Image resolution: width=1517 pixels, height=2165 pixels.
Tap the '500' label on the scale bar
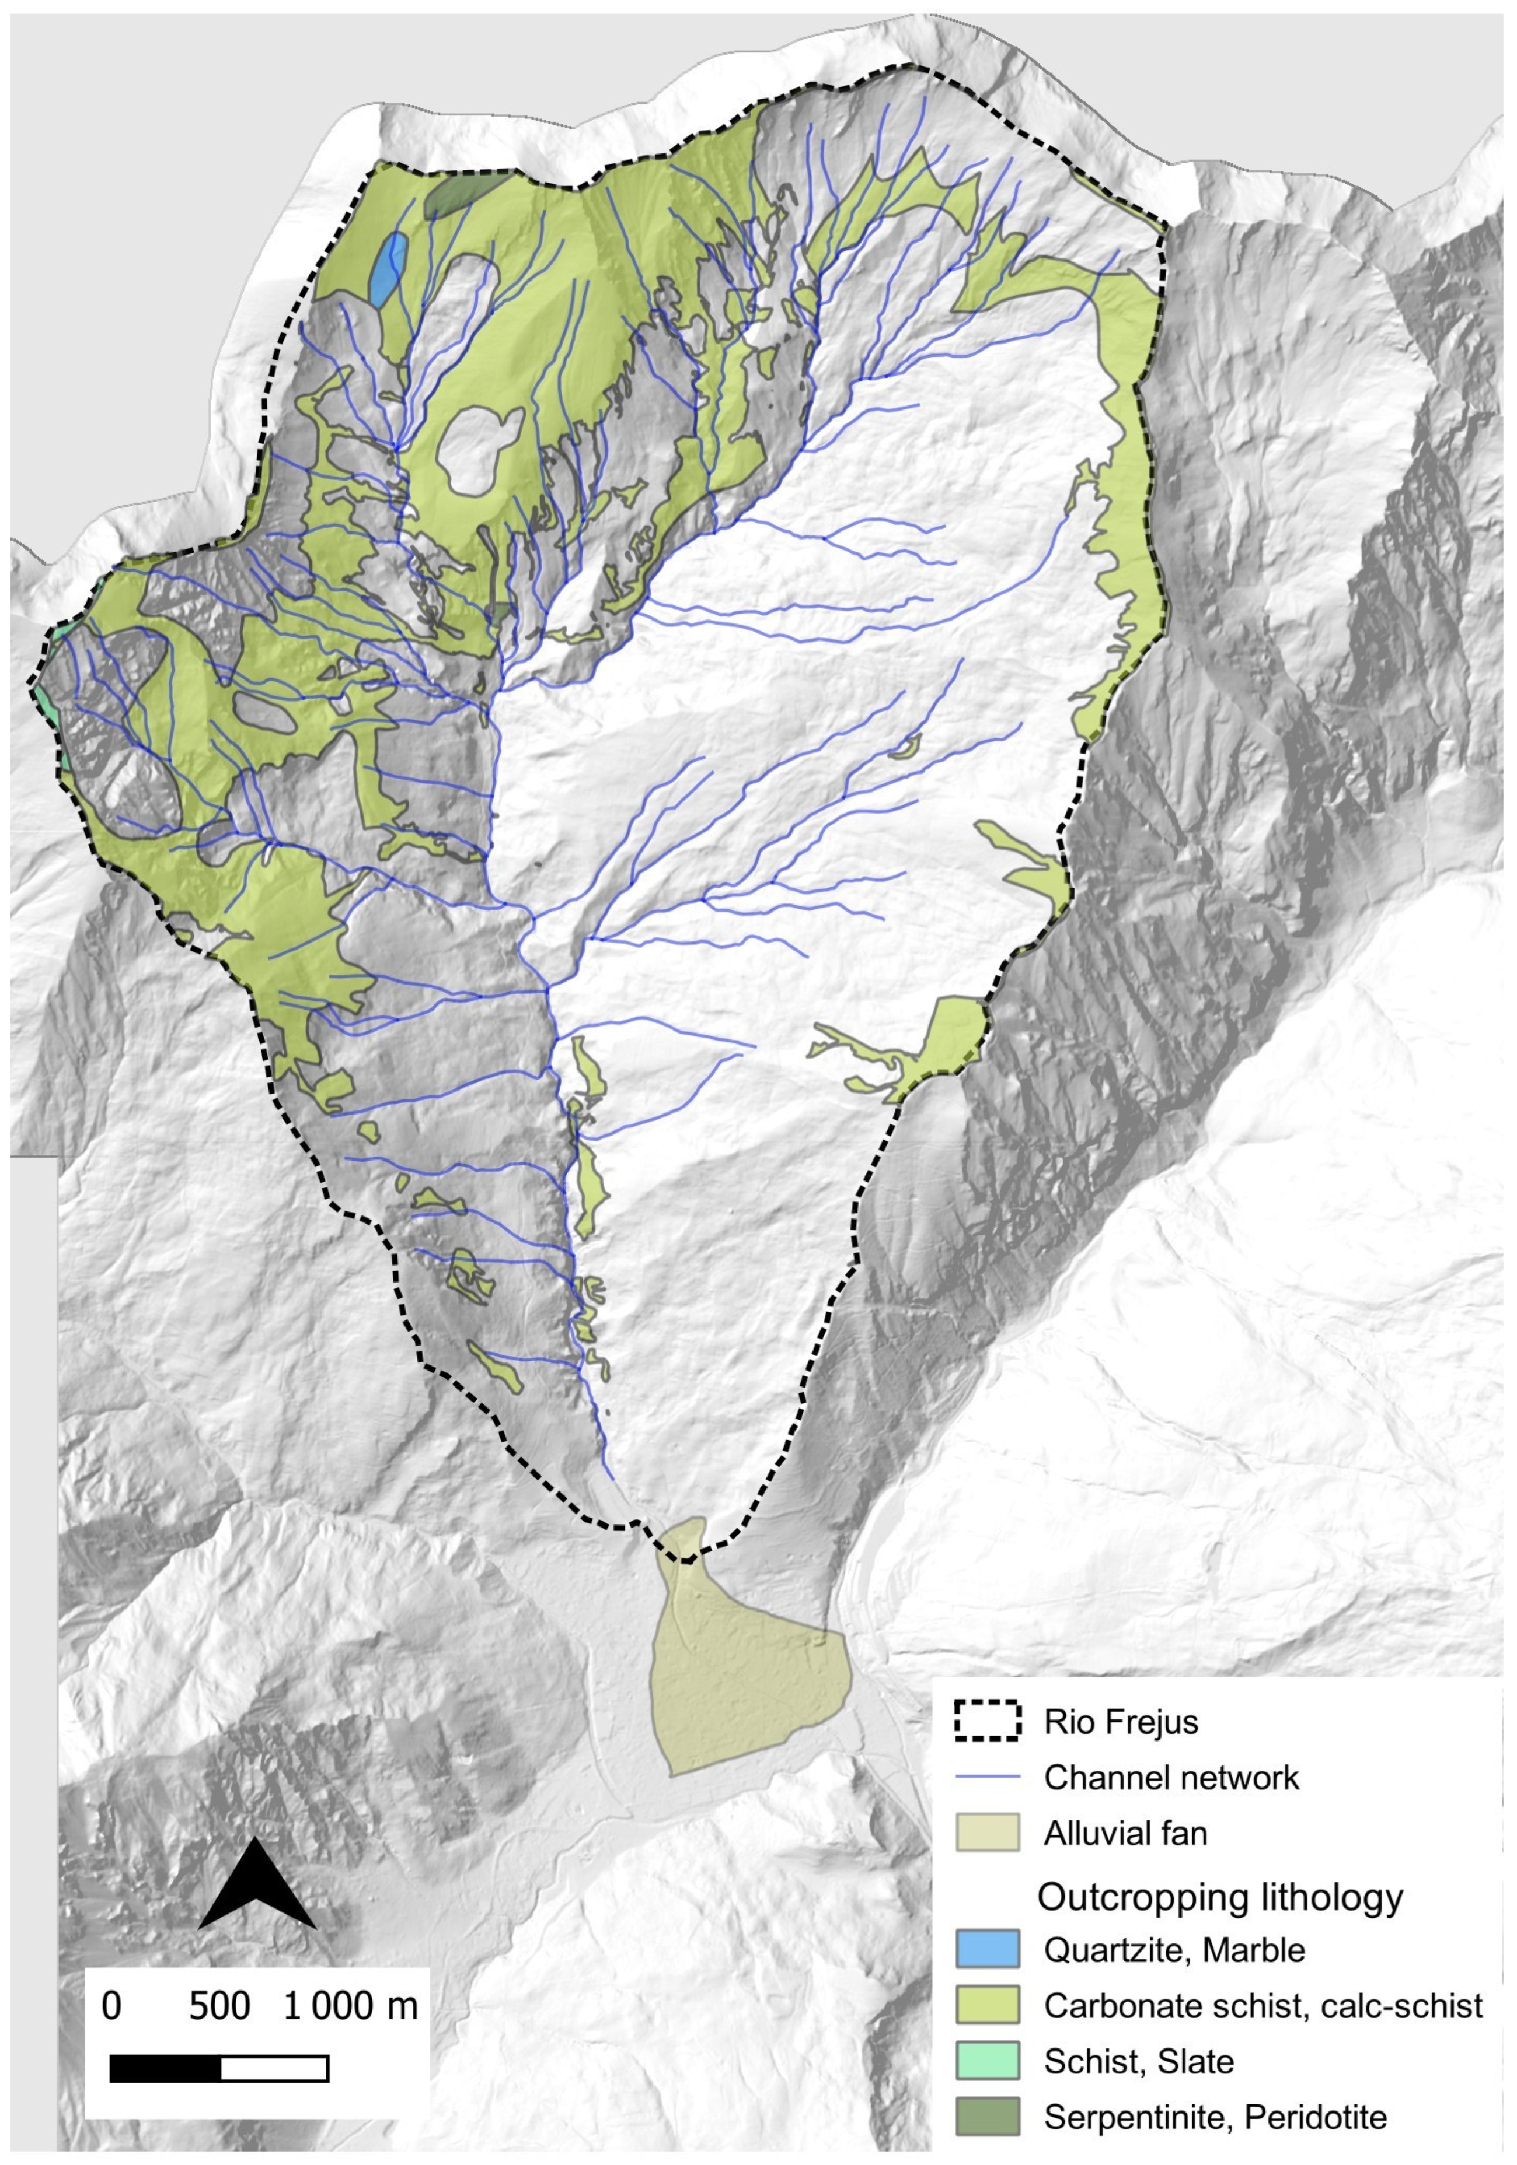(219, 2006)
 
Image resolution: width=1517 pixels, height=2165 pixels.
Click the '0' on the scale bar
(111, 2006)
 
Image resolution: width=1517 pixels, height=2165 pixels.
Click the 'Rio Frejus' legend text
(1120, 1722)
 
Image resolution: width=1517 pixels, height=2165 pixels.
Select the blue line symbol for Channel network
(987, 1778)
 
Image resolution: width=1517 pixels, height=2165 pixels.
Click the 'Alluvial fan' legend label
(1125, 1833)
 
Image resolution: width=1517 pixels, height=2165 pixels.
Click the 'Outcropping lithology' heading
(1220, 1897)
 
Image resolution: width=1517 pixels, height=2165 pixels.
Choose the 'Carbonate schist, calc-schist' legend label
(1263, 2005)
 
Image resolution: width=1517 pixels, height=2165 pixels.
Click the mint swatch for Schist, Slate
(987, 2061)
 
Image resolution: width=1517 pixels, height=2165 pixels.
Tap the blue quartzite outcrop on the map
(389, 267)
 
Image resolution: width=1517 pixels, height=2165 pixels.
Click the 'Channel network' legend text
(1171, 1778)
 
